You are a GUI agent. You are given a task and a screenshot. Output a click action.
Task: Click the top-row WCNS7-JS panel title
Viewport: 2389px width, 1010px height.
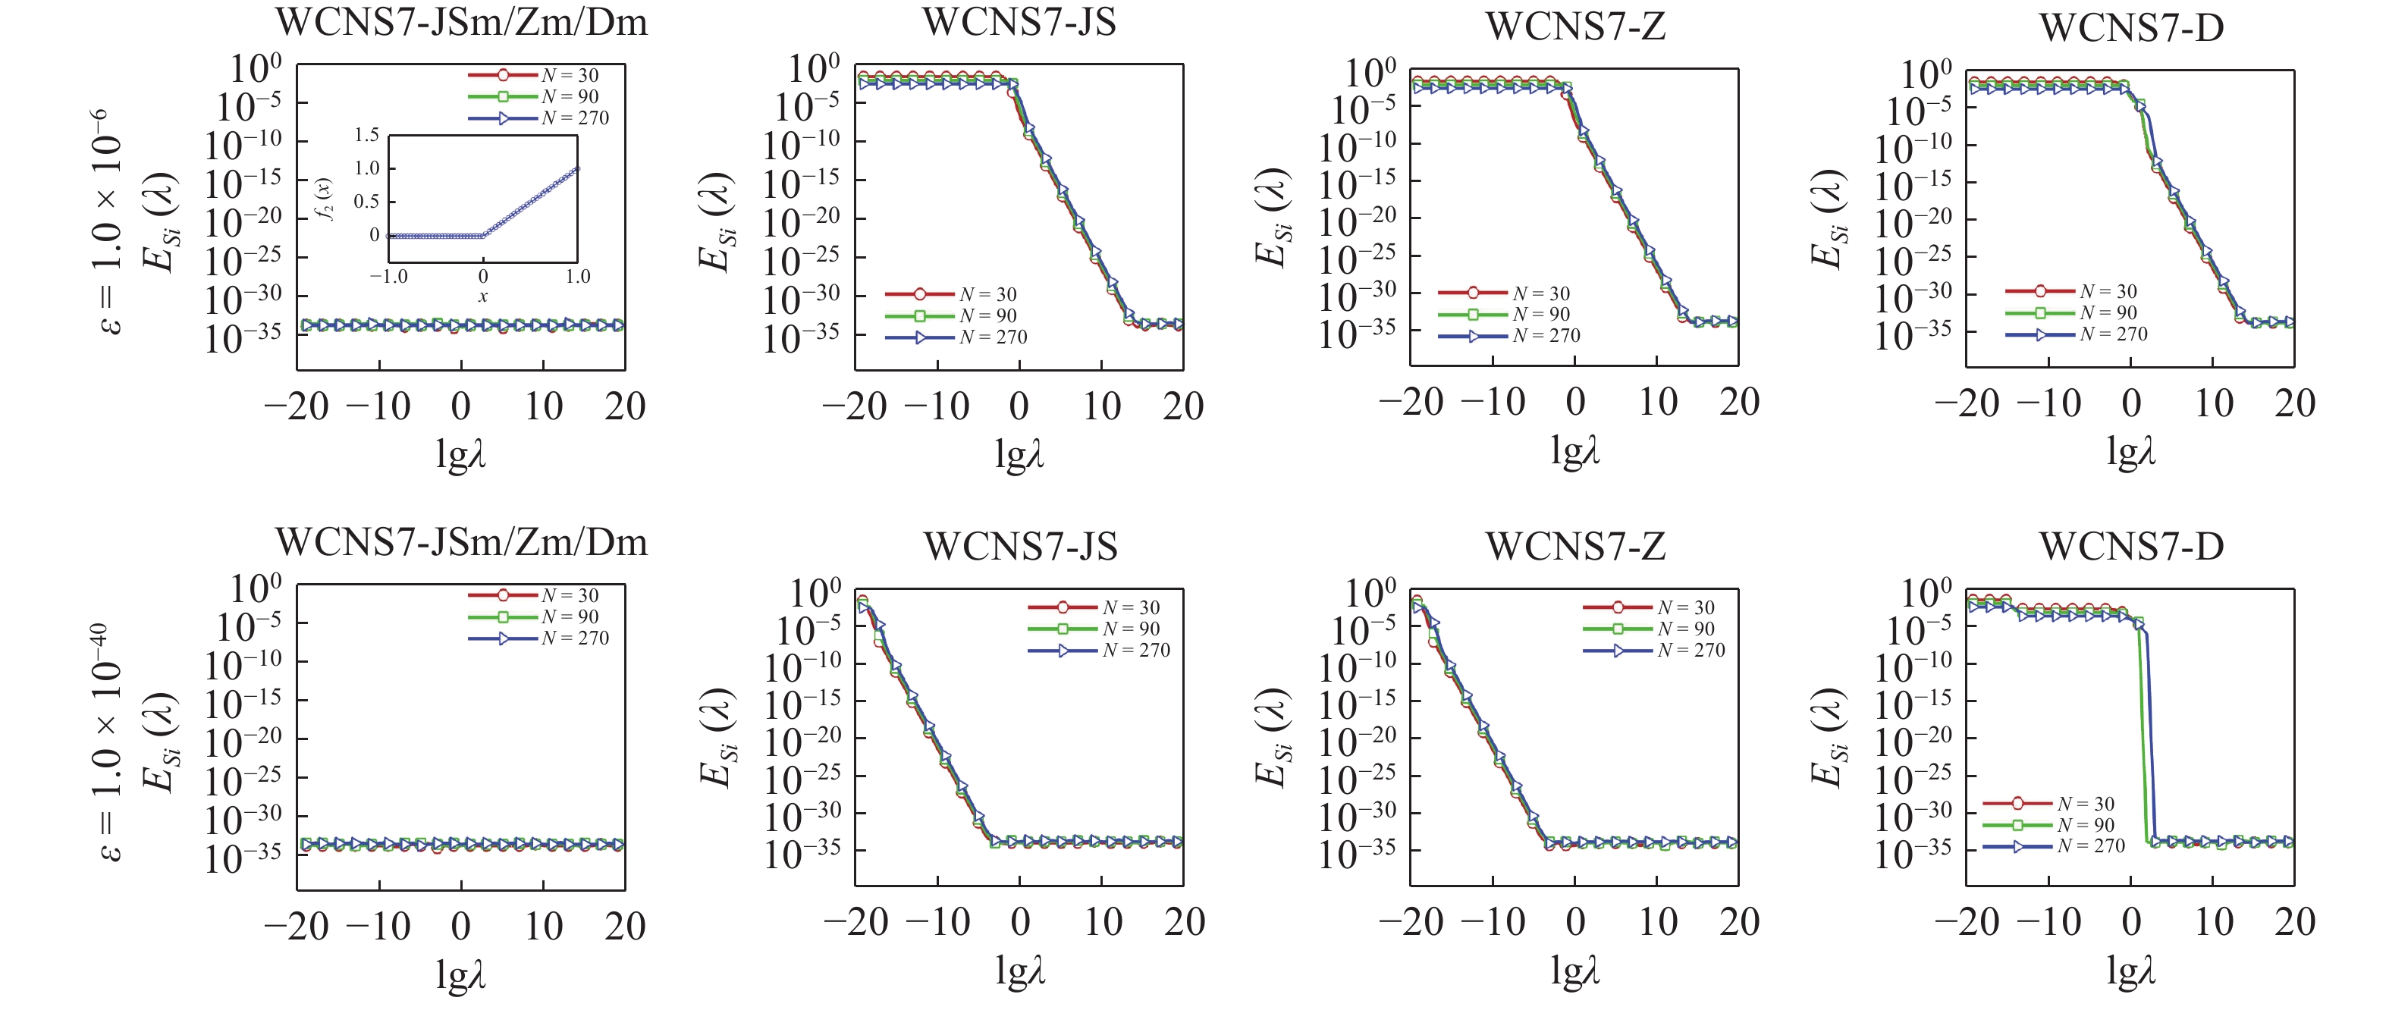[x=1019, y=22]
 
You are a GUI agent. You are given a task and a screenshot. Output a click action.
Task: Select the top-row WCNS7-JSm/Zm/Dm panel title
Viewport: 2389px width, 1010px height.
[x=461, y=22]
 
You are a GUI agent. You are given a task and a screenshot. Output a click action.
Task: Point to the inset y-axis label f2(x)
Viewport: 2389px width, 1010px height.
[x=324, y=198]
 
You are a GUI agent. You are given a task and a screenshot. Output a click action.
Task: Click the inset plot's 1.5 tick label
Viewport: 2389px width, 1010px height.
[x=367, y=136]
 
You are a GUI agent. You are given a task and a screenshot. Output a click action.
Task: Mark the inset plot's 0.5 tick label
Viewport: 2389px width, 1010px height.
[x=367, y=201]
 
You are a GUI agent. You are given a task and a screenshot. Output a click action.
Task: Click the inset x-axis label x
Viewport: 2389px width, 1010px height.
[x=482, y=296]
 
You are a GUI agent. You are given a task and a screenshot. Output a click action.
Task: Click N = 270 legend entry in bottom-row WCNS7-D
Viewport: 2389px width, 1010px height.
[x=2090, y=847]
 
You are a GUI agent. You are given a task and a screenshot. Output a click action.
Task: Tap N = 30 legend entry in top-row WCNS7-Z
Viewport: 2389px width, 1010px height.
[x=1540, y=294]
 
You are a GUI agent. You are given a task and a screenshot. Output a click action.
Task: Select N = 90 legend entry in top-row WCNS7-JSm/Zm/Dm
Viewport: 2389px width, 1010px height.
[x=570, y=96]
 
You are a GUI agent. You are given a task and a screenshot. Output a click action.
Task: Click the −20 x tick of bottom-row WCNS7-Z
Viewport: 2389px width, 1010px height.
[x=1411, y=923]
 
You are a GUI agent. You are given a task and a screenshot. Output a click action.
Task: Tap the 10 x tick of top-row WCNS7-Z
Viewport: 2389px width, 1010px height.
[x=1657, y=403]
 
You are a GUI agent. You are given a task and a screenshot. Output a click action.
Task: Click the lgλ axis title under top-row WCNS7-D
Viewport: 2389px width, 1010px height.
[x=2130, y=452]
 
